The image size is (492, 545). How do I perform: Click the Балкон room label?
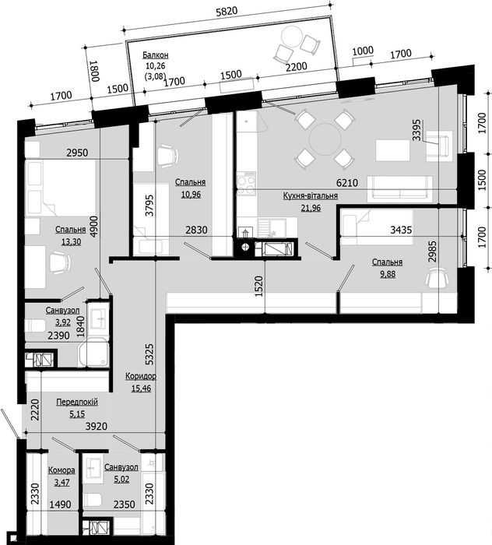[x=156, y=55]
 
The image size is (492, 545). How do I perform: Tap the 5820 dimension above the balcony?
[x=227, y=12]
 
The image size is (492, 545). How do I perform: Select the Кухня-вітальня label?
[x=311, y=195]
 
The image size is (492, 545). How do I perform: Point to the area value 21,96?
[x=311, y=208]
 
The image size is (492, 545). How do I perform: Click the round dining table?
[x=325, y=139]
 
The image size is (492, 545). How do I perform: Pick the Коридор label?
[x=141, y=376]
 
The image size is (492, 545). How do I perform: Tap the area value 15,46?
[x=141, y=389]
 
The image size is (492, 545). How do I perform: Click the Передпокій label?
[x=77, y=402]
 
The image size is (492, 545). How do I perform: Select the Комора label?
[x=61, y=470]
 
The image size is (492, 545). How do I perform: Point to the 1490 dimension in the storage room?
[x=60, y=504]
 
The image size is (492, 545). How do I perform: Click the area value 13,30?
[x=71, y=241]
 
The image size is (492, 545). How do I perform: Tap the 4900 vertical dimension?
[x=94, y=227]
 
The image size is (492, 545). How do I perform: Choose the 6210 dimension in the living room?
[x=346, y=182]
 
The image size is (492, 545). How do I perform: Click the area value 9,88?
[x=388, y=274]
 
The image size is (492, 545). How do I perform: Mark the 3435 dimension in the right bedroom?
[x=401, y=230]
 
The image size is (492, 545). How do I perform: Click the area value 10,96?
[x=191, y=195]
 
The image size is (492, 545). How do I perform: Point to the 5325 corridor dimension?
[x=149, y=354]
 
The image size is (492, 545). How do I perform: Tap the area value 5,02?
[x=121, y=480]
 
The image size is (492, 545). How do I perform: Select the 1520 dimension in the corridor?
[x=258, y=287]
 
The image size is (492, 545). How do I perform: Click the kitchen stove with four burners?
[x=246, y=184]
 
